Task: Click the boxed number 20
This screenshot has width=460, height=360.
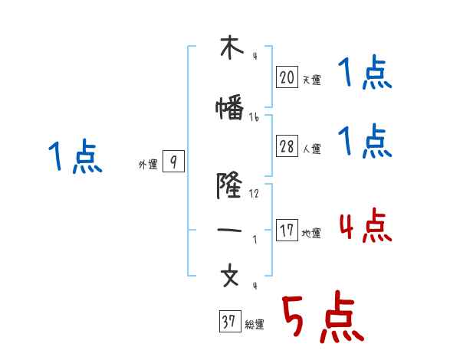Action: click(x=287, y=77)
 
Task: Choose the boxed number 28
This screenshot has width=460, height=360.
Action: click(x=287, y=147)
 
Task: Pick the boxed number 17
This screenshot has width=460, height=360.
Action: click(x=287, y=231)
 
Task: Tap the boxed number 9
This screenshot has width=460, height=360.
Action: click(x=174, y=162)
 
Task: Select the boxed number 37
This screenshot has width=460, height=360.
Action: click(x=228, y=322)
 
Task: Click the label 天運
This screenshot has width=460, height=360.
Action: click(x=311, y=80)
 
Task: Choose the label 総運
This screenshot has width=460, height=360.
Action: click(x=255, y=325)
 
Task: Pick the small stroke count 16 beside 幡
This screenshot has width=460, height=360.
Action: click(x=254, y=117)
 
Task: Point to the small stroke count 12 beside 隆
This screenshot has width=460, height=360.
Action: click(x=254, y=193)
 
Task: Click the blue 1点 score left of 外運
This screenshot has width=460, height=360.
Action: click(x=74, y=157)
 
